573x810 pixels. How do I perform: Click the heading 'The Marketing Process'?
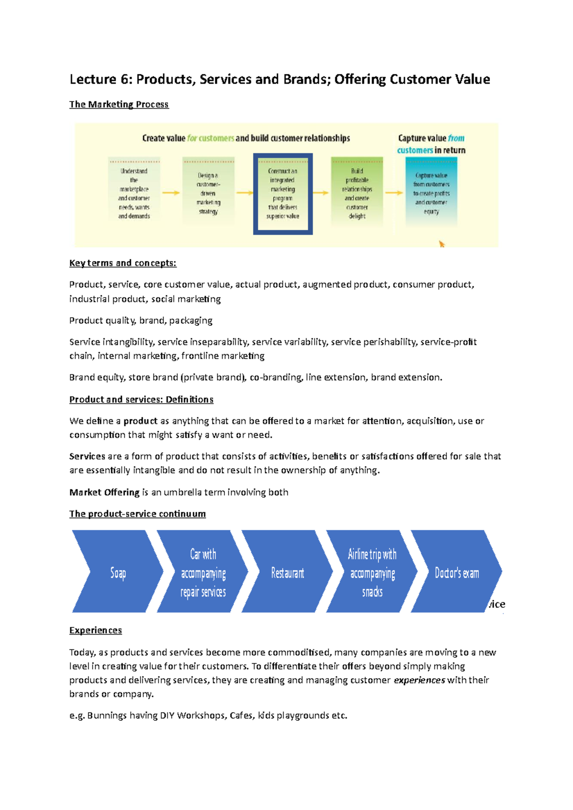[119, 104]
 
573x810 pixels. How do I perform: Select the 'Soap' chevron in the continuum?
[117, 572]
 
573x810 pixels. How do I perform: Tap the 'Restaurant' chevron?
[287, 572]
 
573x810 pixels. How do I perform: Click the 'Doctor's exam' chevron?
[456, 572]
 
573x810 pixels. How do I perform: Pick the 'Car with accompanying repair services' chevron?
[203, 572]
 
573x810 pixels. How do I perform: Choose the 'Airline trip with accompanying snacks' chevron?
[372, 572]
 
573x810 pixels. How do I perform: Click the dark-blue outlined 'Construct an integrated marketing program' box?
[283, 194]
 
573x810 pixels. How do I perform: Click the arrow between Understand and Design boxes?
[170, 193]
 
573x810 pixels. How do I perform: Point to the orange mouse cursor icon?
[442, 244]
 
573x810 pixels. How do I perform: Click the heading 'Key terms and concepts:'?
[123, 263]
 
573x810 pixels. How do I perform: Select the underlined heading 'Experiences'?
[95, 630]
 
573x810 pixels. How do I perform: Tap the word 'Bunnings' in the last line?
[108, 716]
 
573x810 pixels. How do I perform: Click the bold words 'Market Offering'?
[104, 492]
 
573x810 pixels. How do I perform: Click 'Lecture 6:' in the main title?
[101, 79]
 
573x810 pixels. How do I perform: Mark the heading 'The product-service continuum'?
[138, 514]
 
